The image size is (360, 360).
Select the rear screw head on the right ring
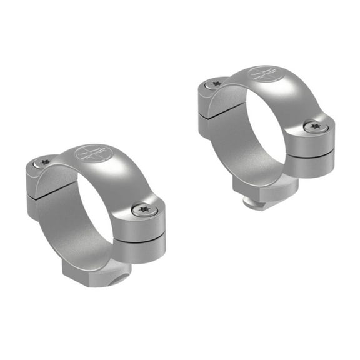coord(216,83)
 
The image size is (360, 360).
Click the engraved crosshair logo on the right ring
coord(262,74)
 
